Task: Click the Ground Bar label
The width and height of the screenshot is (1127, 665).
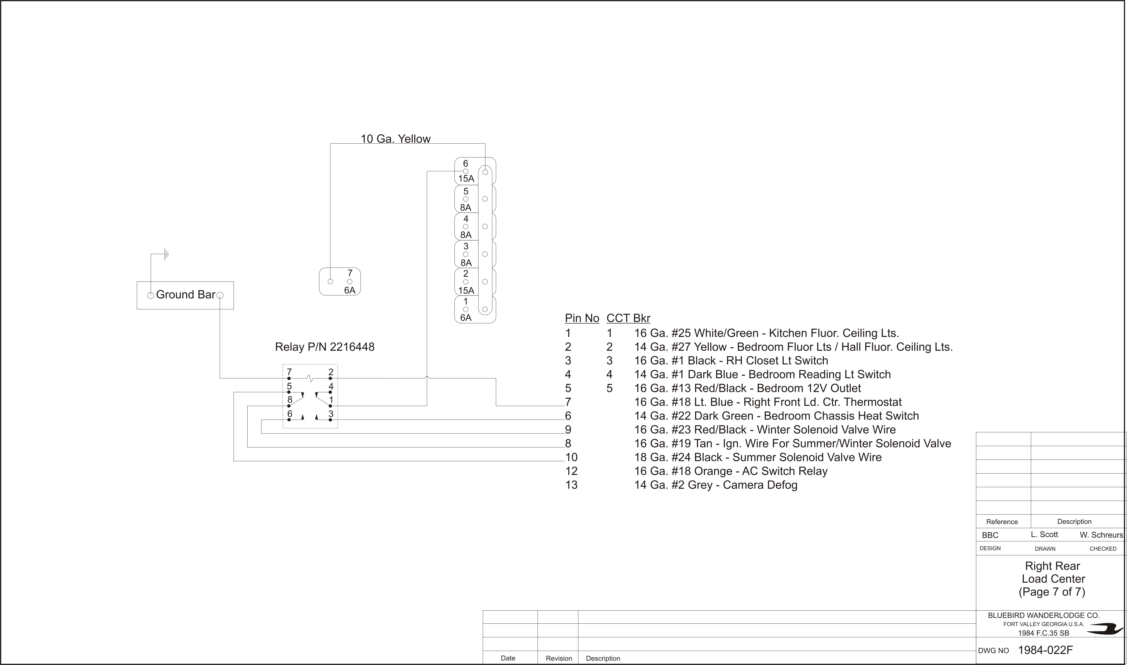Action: [x=185, y=294]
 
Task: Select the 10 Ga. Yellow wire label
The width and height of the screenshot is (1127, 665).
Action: [x=396, y=139]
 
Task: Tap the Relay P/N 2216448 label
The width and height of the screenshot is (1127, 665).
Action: [x=325, y=347]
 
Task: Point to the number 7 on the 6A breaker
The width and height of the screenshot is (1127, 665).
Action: [x=350, y=273]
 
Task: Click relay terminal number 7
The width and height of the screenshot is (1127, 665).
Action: [x=289, y=372]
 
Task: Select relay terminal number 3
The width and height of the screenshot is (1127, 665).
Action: [x=331, y=414]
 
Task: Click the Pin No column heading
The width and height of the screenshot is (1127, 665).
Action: [x=582, y=318]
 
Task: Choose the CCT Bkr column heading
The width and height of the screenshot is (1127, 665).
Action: [x=628, y=318]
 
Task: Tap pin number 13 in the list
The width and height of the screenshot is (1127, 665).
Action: [x=571, y=485]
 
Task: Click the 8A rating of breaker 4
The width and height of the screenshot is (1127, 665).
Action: [x=466, y=235]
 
